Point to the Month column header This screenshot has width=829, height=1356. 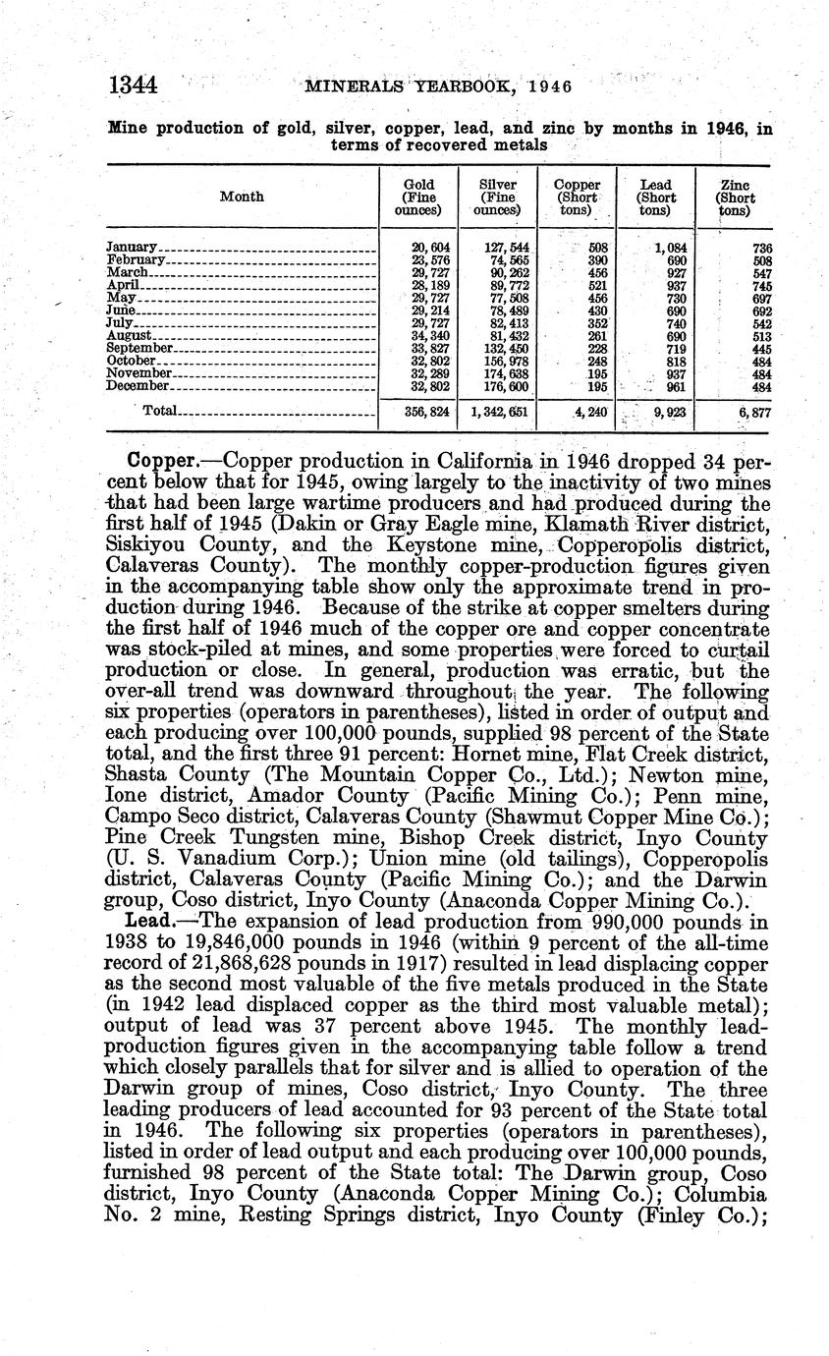pos(242,197)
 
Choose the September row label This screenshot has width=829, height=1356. pos(139,348)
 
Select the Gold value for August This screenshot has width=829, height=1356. pos(430,335)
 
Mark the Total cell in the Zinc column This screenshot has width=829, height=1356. pos(751,414)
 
